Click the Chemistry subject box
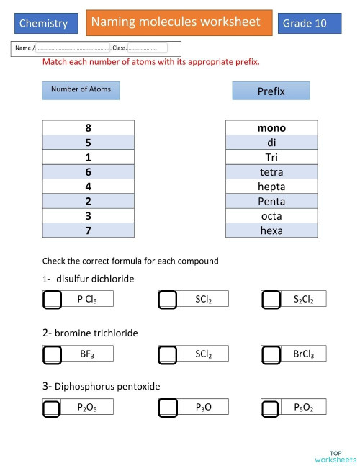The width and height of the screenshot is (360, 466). (45, 23)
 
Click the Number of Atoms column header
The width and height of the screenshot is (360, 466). (81, 90)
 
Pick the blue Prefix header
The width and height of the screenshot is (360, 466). (271, 91)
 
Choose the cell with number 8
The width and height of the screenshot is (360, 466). (88, 128)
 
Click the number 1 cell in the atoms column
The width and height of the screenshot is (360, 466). (88, 158)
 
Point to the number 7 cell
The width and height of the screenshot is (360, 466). (88, 230)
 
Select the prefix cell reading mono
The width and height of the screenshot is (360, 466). (271, 128)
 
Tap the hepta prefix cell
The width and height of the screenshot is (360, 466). (271, 187)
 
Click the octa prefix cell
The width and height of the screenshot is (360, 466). (271, 216)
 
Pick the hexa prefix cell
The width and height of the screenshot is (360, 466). (271, 230)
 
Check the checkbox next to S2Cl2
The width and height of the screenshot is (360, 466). (271, 300)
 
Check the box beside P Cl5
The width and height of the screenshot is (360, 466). (52, 300)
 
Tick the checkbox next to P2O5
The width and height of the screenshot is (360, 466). (52, 408)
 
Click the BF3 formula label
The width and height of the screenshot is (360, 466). (87, 354)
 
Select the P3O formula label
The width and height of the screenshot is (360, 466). (203, 408)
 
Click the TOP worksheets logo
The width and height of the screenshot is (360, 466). (335, 456)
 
